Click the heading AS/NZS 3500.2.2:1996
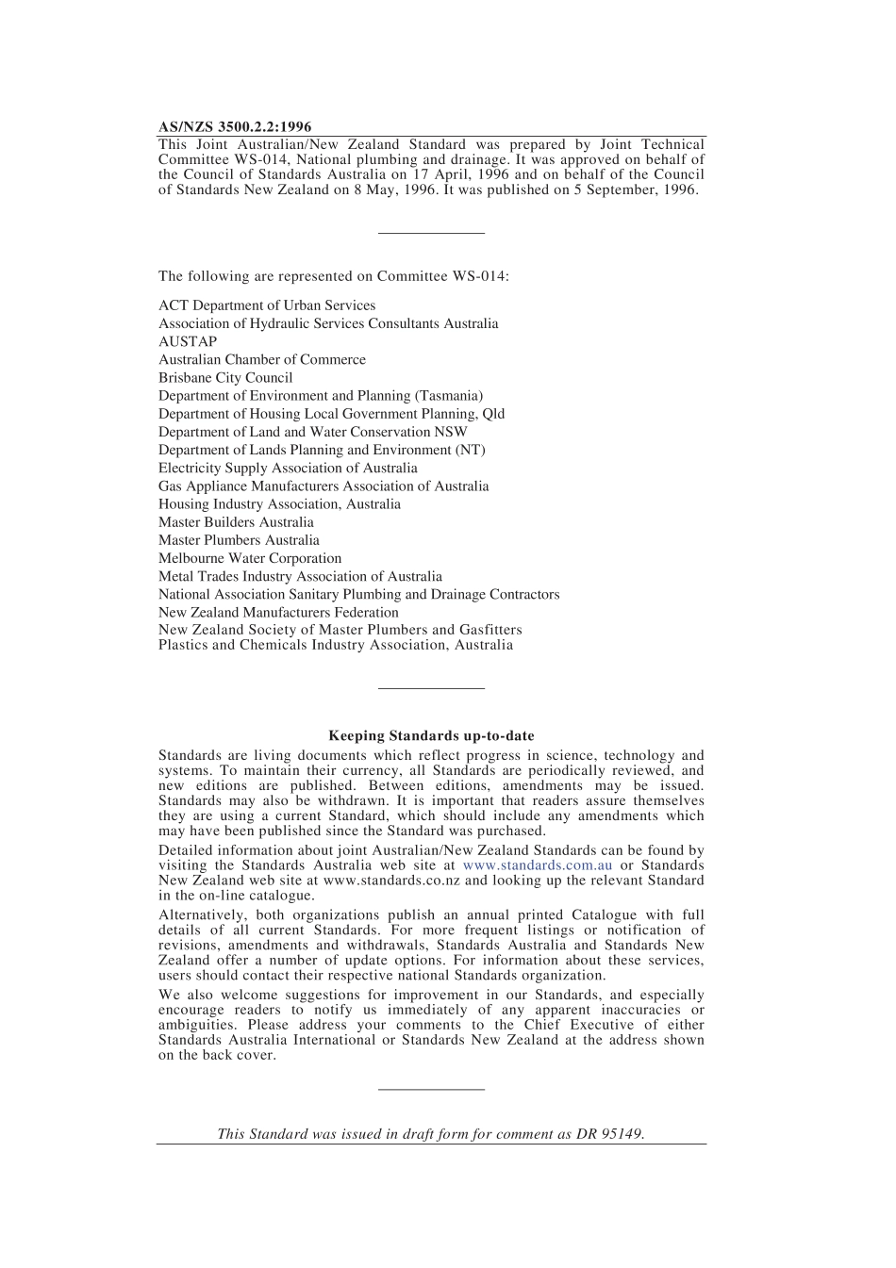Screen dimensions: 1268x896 [x=235, y=126]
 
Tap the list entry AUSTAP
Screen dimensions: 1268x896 [x=188, y=341]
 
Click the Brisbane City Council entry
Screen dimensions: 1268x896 [x=225, y=377]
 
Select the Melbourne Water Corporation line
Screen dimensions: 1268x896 [x=250, y=558]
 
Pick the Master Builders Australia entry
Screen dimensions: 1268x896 [x=236, y=522]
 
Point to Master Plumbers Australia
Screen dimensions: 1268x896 [x=239, y=540]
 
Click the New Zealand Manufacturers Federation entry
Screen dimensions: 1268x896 [x=278, y=612]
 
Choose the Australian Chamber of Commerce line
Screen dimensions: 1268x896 [x=262, y=359]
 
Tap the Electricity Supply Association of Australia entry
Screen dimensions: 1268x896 [x=288, y=468]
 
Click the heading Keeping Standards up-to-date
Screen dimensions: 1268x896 [x=431, y=735]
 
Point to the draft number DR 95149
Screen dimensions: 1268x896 [x=609, y=1134]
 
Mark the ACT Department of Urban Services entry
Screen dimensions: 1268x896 [x=267, y=305]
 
